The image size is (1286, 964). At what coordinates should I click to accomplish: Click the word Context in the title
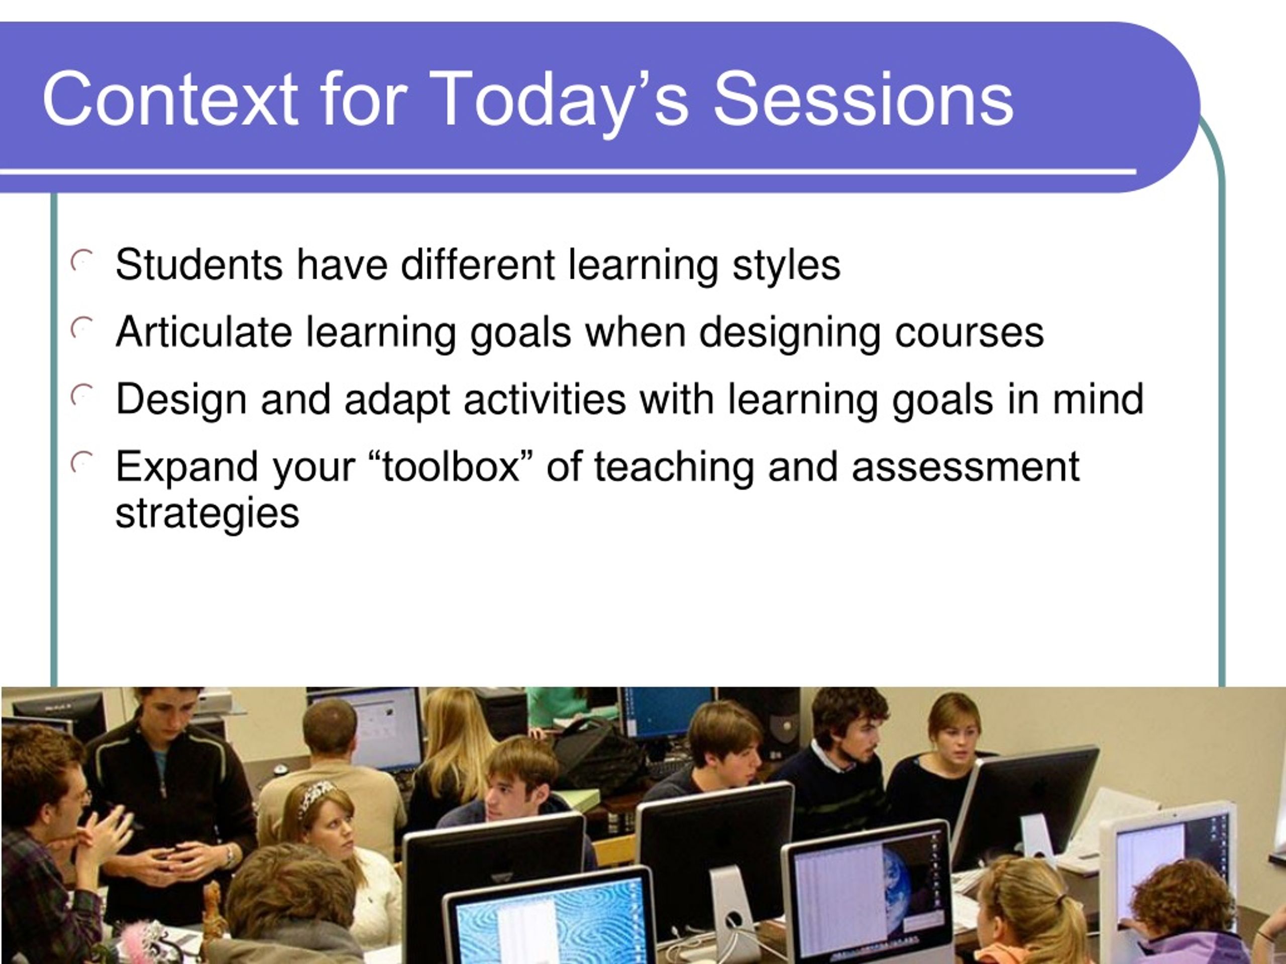click(170, 98)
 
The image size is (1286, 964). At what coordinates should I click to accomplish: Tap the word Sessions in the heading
click(864, 98)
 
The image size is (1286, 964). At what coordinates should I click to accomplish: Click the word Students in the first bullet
click(199, 265)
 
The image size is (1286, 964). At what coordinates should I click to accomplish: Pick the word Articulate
click(203, 332)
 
